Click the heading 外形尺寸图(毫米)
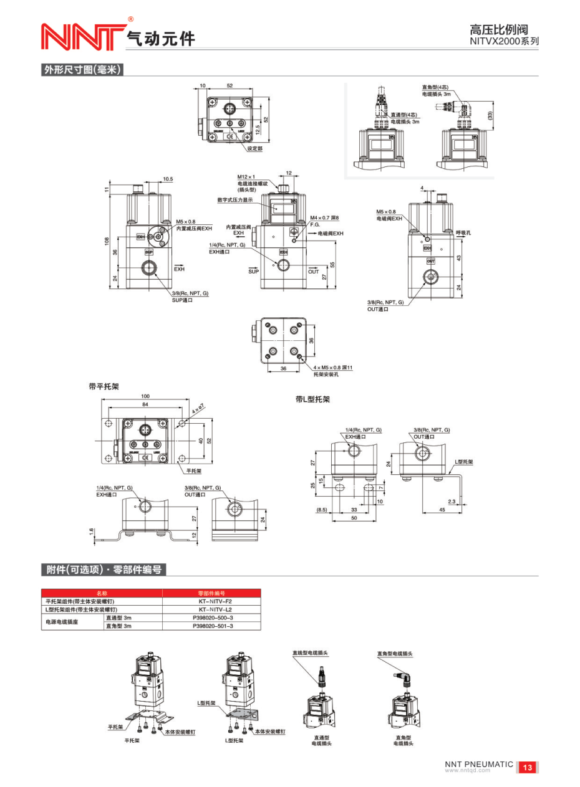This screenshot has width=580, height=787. click(x=81, y=70)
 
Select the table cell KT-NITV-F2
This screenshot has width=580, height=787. click(x=212, y=601)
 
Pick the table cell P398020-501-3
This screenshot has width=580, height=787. click(x=212, y=626)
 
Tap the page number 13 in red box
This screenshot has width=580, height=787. click(x=528, y=767)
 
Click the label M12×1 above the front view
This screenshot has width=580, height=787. click(x=246, y=177)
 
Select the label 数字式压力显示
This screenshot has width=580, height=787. click(x=234, y=200)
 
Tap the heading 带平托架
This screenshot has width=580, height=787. click(x=104, y=387)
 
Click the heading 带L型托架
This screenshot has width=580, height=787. click(x=312, y=399)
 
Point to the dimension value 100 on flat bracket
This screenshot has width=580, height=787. click(x=145, y=396)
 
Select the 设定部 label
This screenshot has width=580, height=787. click(x=254, y=149)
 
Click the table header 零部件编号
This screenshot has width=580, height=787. click(x=211, y=593)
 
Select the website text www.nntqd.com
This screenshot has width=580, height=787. click(x=467, y=770)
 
